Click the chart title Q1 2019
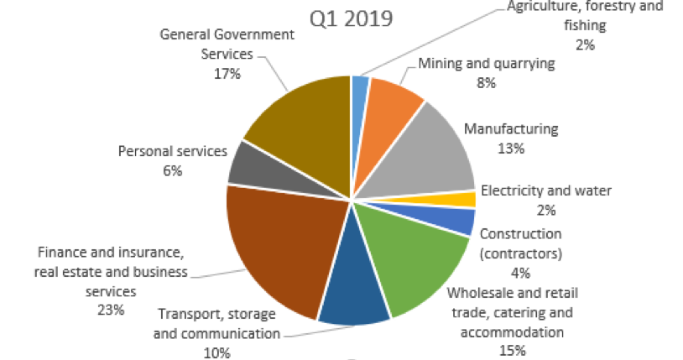(352, 18)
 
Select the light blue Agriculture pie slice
(361, 89)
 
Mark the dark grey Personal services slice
(248, 164)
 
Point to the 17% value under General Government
(227, 74)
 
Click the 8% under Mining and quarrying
(486, 83)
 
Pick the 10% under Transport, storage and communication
(216, 353)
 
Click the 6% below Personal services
(173, 171)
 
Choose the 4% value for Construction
(519, 272)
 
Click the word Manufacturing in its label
(511, 129)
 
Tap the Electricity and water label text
(546, 190)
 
